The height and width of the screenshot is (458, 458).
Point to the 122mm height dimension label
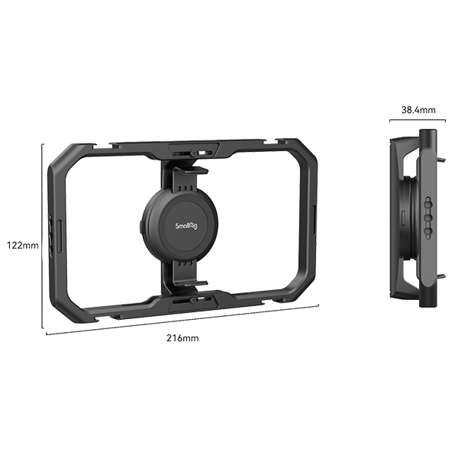pyautogui.click(x=21, y=246)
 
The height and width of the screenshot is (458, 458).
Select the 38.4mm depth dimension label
pyautogui.click(x=419, y=110)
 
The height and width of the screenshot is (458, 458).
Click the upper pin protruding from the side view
pyautogui.click(x=443, y=160)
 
